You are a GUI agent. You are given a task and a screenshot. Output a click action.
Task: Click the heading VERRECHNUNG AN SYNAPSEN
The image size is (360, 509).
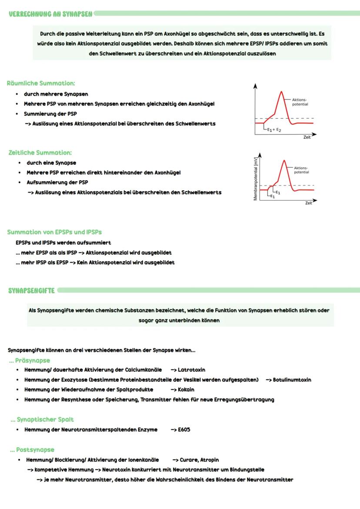coord(50,13)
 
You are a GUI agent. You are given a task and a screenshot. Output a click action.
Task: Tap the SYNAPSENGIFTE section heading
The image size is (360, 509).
coord(31,290)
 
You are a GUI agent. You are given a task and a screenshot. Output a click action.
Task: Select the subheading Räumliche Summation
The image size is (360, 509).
coord(41,83)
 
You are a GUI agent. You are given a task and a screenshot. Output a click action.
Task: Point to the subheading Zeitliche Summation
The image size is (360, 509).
coord(40,153)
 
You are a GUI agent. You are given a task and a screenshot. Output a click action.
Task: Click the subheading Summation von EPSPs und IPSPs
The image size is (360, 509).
coord(55,232)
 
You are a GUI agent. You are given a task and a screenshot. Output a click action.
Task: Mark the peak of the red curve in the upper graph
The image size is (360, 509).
coord(282,92)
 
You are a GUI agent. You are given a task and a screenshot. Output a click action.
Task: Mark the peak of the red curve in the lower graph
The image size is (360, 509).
coord(284,160)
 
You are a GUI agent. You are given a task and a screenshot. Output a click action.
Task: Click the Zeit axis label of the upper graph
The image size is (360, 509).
coord(307,137)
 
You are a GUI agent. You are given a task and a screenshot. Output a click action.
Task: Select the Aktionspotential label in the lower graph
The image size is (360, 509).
coord(301,170)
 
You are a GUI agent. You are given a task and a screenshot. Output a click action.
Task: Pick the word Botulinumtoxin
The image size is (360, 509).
coord(292,379)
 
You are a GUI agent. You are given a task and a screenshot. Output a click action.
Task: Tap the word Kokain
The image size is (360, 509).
coord(186,389)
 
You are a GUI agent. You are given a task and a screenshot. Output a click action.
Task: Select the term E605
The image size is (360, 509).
coord(184,429)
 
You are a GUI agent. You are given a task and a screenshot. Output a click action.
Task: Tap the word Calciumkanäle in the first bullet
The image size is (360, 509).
coord(143,369)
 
